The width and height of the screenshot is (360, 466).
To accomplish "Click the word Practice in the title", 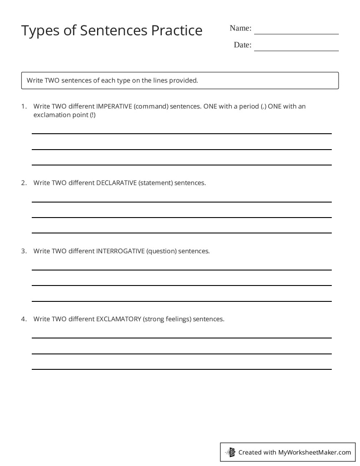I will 177,30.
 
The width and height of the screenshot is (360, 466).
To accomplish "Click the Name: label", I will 240,28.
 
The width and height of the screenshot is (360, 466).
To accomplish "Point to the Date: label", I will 243,45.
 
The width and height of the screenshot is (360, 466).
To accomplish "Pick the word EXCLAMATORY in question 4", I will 118,319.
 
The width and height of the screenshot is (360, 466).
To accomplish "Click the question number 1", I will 23,106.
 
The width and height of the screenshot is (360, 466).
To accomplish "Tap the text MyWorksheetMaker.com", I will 314,452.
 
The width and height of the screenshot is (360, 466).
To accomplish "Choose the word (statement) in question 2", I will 155,183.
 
